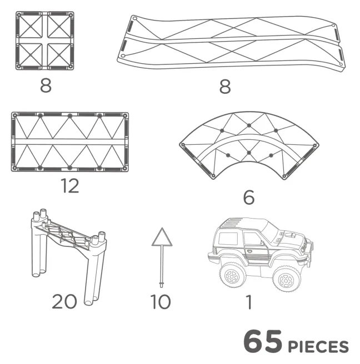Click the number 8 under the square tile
coord(46,85)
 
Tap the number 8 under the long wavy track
coord(225,87)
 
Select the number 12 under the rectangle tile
coord(70,186)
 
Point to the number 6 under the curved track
coord(249,197)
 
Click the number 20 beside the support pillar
coord(64,301)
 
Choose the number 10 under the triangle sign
coord(161,301)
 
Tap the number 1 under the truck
coord(249,302)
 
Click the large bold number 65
coord(263,341)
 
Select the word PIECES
coord(318,347)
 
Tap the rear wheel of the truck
coord(232,275)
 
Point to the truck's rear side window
coord(228,239)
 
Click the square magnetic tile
coord(45,41)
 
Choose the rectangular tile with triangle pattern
coord(70,142)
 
